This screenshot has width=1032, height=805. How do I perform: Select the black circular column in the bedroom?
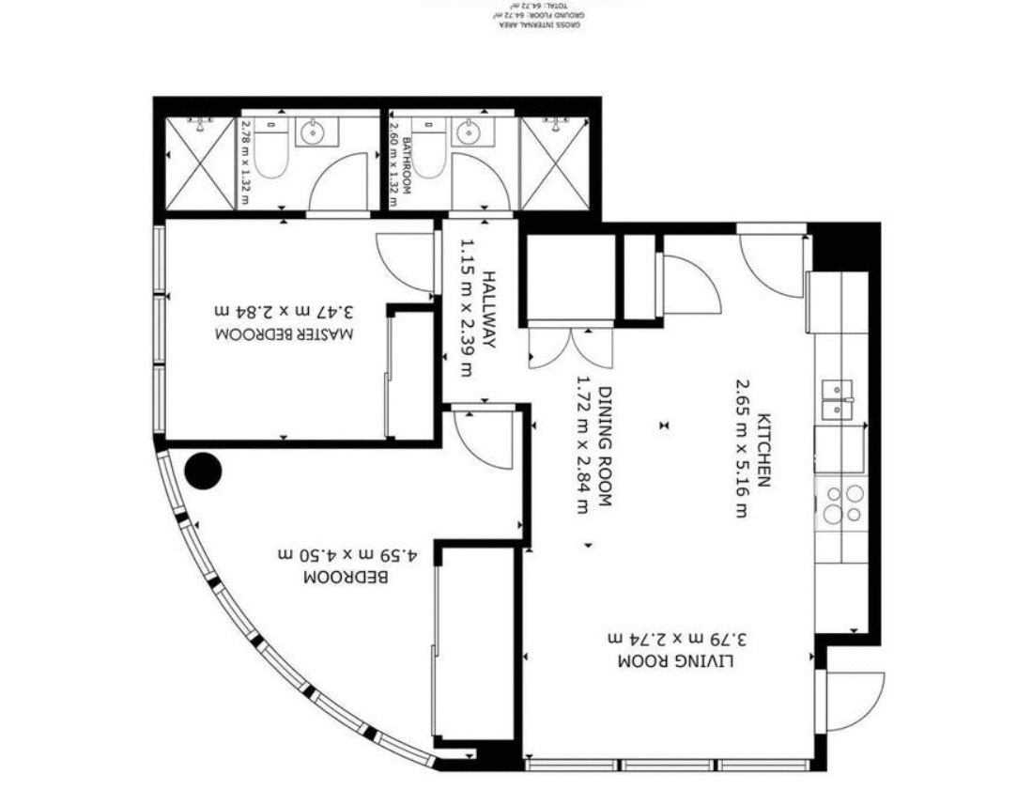(203, 471)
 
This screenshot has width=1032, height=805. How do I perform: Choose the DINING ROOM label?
(605, 447)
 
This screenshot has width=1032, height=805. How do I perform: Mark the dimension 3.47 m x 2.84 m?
(285, 310)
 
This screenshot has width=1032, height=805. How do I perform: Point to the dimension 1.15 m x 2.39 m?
(467, 310)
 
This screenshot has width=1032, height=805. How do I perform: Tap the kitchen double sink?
(837, 398)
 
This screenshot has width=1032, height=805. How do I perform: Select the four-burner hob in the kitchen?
(842, 503)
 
